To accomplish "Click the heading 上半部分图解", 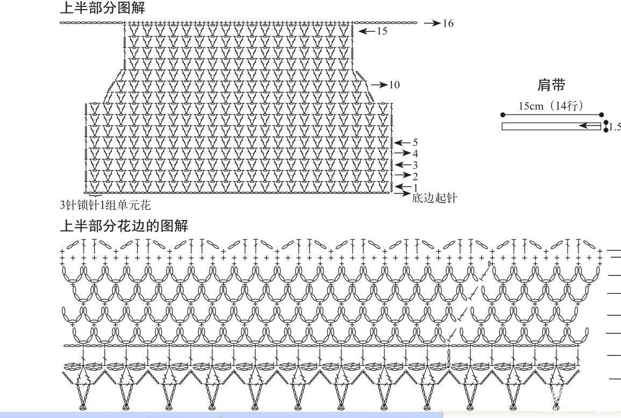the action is (x=103, y=8).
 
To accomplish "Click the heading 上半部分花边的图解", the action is (x=124, y=225).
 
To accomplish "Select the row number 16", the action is (x=448, y=23).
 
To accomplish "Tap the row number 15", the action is (x=382, y=31).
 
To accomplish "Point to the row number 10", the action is (x=394, y=85).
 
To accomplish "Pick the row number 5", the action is (x=415, y=143).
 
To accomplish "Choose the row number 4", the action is (x=415, y=154).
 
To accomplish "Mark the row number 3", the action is (x=415, y=165).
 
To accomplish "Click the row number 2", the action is (x=415, y=176).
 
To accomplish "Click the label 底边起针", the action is (x=434, y=198).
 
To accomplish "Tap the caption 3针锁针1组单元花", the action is (x=105, y=206).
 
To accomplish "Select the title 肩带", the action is (x=551, y=85).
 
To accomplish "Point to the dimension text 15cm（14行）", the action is (x=551, y=106).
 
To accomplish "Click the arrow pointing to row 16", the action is (x=432, y=23).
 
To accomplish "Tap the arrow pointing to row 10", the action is (x=379, y=85).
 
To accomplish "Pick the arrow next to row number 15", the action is (x=367, y=31).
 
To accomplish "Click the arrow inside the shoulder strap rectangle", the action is (x=590, y=126).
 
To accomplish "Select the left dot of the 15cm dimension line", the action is (x=503, y=115).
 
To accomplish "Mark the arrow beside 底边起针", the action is (x=402, y=193).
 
